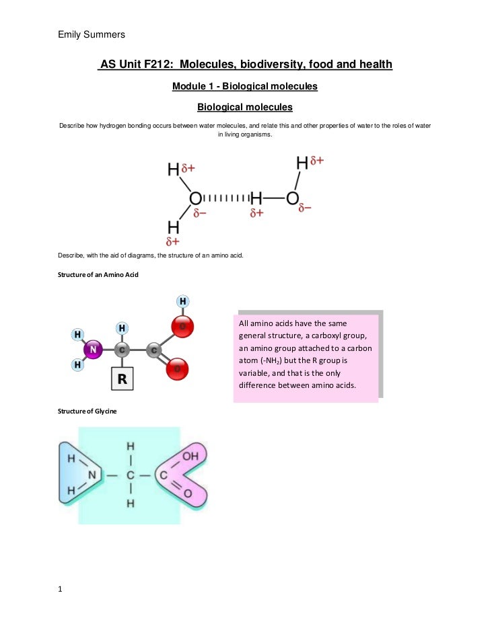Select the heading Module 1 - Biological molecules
(x=244, y=87)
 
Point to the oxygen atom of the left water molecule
(x=195, y=198)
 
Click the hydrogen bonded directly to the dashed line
(x=256, y=198)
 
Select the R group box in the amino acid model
(x=123, y=379)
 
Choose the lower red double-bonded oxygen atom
(x=178, y=369)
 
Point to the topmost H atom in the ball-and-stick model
(x=182, y=301)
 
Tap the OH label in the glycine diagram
(x=190, y=457)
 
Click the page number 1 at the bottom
(x=61, y=590)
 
